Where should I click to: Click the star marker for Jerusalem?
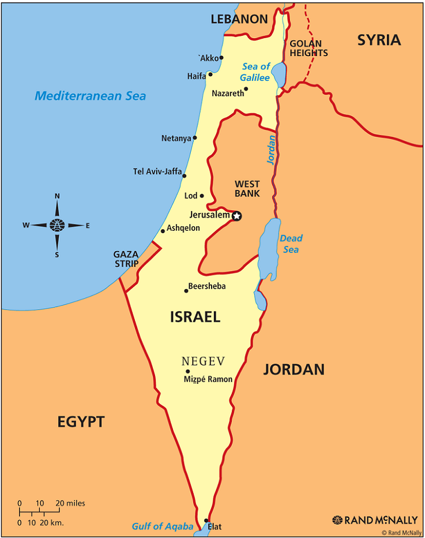[236, 216]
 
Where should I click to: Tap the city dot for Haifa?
[210, 74]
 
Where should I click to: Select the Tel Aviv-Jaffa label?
[157, 171]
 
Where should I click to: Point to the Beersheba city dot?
[186, 290]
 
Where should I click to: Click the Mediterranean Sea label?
[90, 96]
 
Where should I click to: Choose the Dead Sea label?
[291, 244]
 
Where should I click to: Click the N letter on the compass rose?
[57, 196]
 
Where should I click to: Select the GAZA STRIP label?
[126, 259]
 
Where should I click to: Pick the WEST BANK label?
[247, 189]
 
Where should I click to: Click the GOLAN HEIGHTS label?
[309, 48]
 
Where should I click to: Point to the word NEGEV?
[203, 361]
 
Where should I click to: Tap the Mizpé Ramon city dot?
[187, 372]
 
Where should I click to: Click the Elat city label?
[215, 526]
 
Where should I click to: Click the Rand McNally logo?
[375, 520]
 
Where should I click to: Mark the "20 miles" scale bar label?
[71, 503]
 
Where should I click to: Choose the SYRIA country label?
[379, 40]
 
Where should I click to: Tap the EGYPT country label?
[81, 421]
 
